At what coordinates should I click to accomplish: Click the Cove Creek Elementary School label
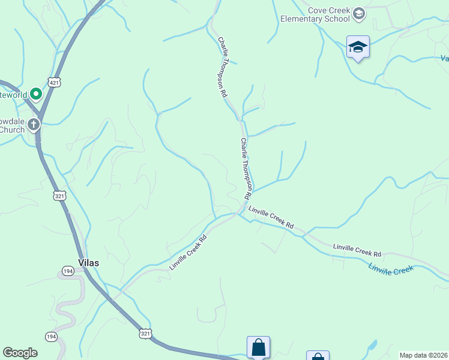(315, 14)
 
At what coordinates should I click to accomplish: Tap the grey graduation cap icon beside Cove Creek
(359, 14)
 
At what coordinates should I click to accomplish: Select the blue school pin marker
(358, 47)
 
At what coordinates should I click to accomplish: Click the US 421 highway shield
(55, 82)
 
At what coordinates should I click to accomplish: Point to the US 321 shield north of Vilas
(59, 196)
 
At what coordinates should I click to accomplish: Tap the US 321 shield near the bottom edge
(145, 334)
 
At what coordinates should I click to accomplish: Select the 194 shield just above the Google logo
(51, 337)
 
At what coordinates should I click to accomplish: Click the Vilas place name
(88, 263)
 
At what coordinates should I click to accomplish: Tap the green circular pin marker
(35, 94)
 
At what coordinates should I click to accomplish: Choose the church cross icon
(34, 125)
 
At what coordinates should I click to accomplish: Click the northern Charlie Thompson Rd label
(223, 67)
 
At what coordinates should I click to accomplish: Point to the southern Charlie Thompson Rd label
(246, 169)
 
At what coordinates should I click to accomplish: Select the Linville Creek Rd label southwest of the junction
(188, 252)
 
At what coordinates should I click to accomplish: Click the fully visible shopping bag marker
(258, 347)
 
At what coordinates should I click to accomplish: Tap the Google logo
(20, 353)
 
